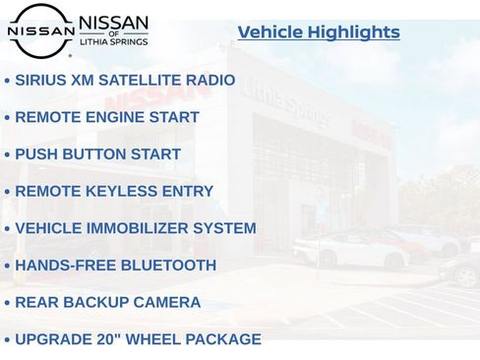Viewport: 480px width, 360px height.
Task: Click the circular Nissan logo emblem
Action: [40, 30]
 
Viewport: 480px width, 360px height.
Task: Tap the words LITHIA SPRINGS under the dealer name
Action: [113, 43]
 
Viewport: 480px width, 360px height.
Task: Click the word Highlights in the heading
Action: [353, 32]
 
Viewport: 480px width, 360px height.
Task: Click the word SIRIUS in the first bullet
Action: [41, 80]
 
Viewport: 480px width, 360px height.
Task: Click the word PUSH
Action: [37, 154]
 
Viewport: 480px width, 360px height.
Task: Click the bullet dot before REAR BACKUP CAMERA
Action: [7, 304]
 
